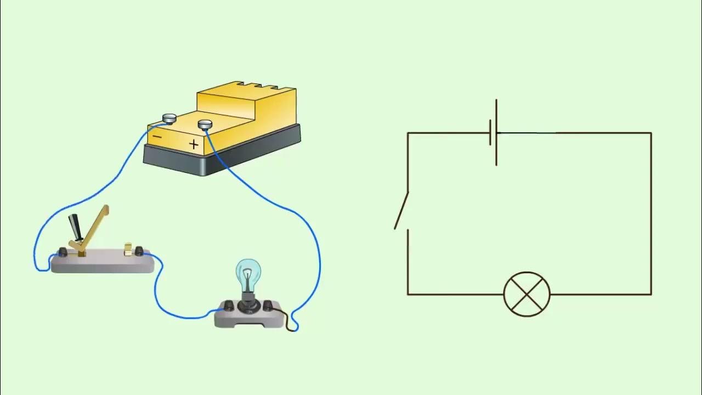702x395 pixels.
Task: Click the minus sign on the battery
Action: click(157, 136)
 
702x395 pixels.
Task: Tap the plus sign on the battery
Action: click(194, 144)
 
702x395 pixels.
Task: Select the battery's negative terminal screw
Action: click(169, 118)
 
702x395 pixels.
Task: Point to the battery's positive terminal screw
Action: click(205, 125)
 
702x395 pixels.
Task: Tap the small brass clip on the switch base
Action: click(129, 249)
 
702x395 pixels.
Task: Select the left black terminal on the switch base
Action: click(63, 252)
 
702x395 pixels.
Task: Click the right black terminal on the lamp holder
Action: click(268, 305)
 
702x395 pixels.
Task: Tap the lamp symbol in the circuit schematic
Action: click(526, 294)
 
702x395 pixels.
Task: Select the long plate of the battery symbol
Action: click(496, 132)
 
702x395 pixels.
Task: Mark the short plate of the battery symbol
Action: click(490, 133)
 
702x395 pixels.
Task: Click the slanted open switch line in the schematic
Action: click(401, 211)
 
